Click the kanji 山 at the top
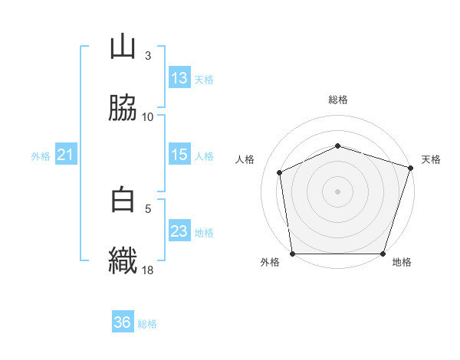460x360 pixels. pos(123,47)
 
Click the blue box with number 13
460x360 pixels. pos(179,78)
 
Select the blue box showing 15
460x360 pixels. pos(179,155)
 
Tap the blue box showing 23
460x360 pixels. pos(179,231)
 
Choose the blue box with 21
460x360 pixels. pos(66,155)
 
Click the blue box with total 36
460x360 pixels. pos(123,322)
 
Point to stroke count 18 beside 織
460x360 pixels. pos(147,270)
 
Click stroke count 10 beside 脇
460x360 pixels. pos(147,116)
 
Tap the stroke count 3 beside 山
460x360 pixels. pos(147,56)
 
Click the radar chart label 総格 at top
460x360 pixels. pos(337,100)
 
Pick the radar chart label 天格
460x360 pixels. pos(431,159)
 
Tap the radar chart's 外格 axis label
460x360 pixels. pos(270,263)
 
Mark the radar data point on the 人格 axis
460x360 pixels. pos(280,172)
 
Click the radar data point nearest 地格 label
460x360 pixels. pos(383,254)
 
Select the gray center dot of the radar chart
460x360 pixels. pos(337,191)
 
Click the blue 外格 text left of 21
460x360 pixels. pos(41,156)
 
